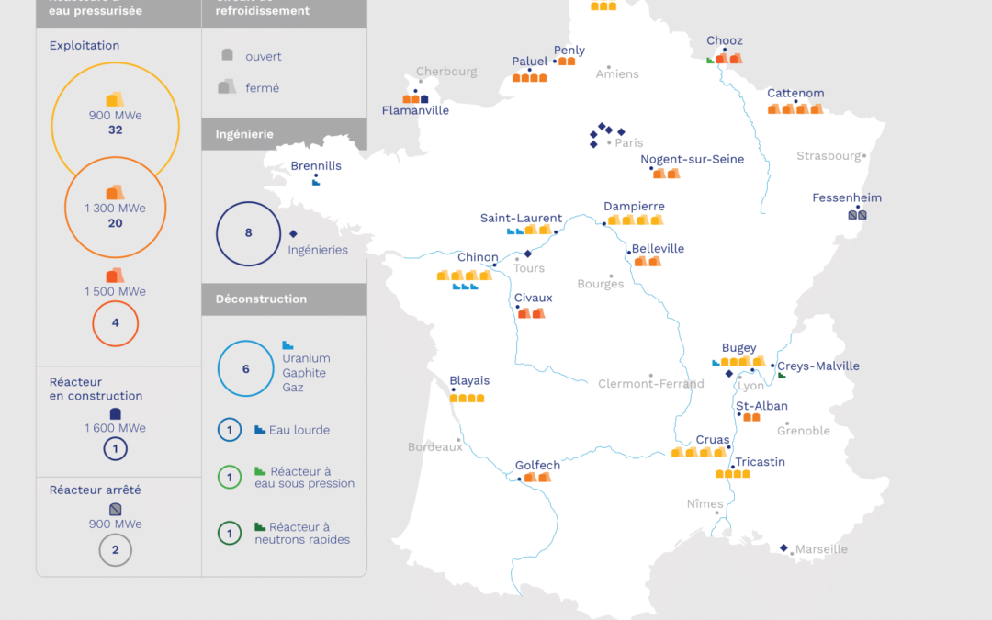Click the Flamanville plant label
415,110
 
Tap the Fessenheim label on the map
847,197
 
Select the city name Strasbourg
829,156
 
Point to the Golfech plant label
537,466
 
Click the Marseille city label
821,549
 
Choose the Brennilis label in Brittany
316,166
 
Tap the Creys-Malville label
818,366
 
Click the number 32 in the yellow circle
115,130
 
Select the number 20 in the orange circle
115,223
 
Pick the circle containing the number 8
248,233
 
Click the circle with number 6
245,368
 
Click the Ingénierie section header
244,134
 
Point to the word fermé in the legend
262,88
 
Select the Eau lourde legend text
299,430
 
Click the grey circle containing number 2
115,550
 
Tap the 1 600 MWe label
115,428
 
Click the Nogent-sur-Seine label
692,159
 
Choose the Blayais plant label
469,380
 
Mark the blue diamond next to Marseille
783,548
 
